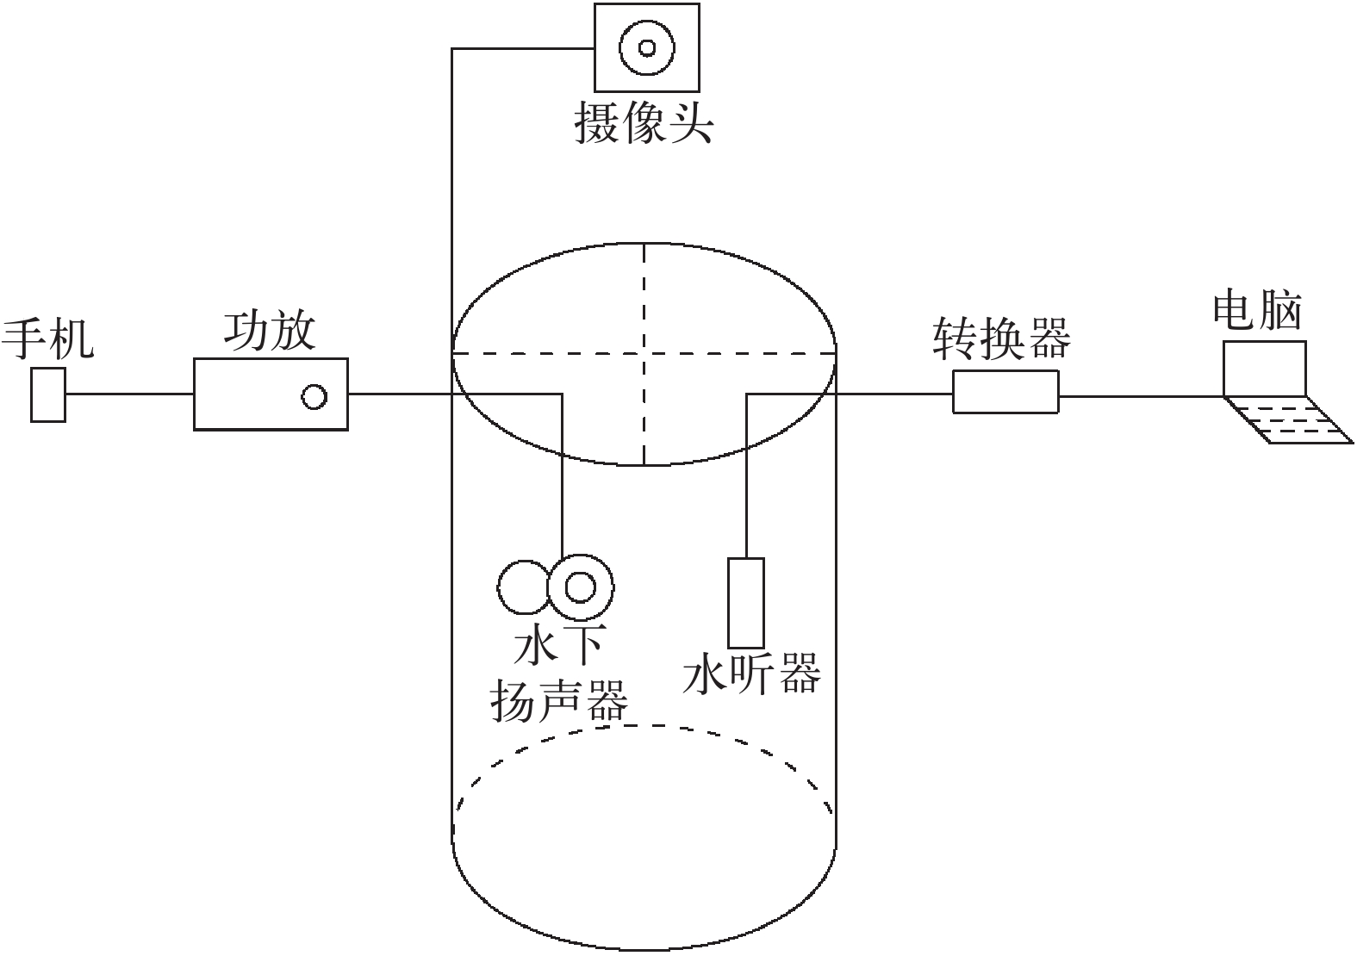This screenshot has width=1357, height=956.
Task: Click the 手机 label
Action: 47,338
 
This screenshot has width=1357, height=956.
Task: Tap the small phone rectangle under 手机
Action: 48,394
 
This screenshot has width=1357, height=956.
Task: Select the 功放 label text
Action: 270,332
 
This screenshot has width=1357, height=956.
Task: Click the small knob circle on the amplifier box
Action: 314,396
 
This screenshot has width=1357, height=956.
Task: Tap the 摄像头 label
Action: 644,122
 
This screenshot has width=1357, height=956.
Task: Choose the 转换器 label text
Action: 1002,338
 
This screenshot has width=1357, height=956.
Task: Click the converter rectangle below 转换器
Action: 1005,392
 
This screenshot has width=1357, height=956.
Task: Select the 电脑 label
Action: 1257,310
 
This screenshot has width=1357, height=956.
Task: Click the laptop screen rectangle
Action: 1265,368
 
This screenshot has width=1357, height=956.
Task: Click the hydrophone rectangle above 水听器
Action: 745,602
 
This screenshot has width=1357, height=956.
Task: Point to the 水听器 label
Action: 752,674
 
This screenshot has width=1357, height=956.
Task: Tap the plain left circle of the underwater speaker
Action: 521,587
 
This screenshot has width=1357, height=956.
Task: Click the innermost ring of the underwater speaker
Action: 580,587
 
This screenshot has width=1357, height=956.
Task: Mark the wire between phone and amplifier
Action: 129,394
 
